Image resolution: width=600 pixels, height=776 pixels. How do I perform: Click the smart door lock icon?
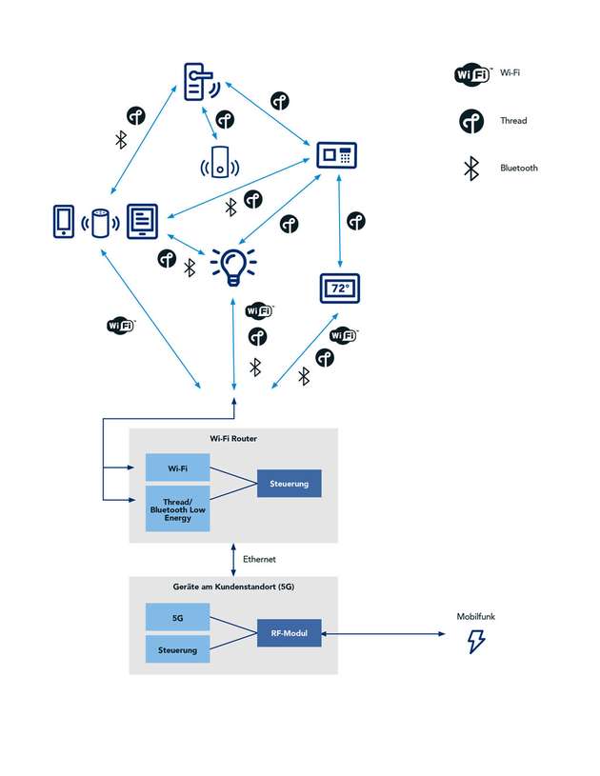click(x=198, y=82)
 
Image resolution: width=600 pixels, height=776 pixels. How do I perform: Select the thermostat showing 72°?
click(x=340, y=287)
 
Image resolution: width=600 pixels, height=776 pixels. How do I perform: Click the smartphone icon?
click(x=64, y=221)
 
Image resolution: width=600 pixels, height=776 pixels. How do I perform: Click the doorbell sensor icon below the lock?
click(x=220, y=162)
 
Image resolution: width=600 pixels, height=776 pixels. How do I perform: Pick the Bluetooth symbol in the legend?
click(x=470, y=169)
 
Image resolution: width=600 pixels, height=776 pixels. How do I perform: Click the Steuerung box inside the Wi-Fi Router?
click(x=290, y=484)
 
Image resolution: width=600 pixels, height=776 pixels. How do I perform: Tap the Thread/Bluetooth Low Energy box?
click(x=177, y=509)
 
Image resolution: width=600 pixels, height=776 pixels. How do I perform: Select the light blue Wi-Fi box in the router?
click(x=177, y=468)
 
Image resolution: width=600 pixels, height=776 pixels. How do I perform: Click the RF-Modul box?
click(x=290, y=632)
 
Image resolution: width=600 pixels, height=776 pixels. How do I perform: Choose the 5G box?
click(x=177, y=617)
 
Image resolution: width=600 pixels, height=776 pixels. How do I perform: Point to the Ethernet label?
click(x=259, y=559)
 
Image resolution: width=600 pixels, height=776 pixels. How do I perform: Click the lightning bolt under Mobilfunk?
click(x=475, y=642)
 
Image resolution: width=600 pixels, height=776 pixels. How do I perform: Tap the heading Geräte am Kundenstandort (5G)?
click(x=232, y=587)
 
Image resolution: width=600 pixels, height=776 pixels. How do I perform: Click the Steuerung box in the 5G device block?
click(x=177, y=649)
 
